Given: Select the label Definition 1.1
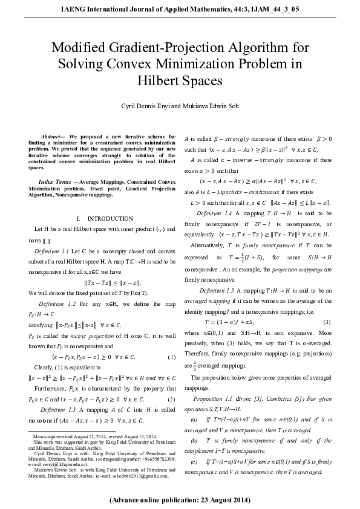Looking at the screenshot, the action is click(x=56, y=250).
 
